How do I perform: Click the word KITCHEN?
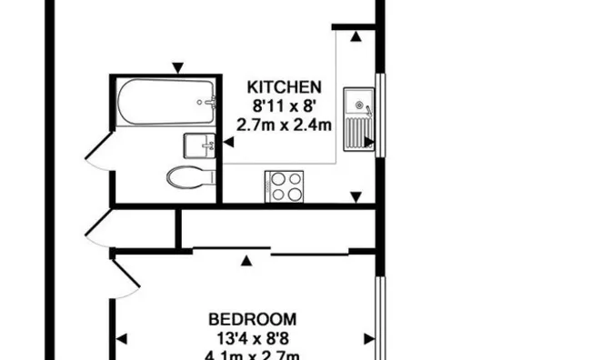tap(285, 88)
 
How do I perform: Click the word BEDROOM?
tap(252, 319)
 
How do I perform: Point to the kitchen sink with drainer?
tap(357, 119)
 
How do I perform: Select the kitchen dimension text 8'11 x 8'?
tap(285, 105)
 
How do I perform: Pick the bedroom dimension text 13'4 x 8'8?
tap(252, 337)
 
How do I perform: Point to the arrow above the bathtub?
tap(179, 66)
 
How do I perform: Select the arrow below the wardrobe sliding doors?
tap(245, 262)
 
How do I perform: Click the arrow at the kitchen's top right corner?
tap(355, 36)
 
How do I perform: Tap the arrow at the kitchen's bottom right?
tap(355, 197)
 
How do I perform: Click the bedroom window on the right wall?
tap(379, 314)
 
